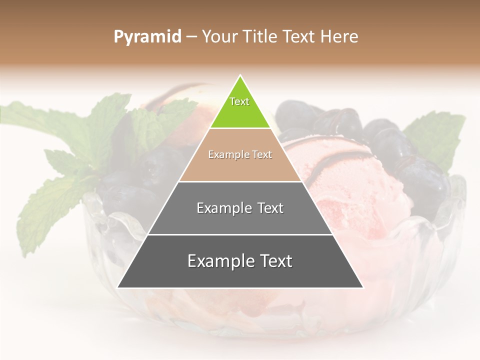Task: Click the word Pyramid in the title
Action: pos(147,37)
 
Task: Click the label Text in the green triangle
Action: pos(239,101)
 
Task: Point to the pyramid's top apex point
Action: pos(240,76)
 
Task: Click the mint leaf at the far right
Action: pos(437,135)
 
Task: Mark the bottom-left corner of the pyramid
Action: pos(117,287)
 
